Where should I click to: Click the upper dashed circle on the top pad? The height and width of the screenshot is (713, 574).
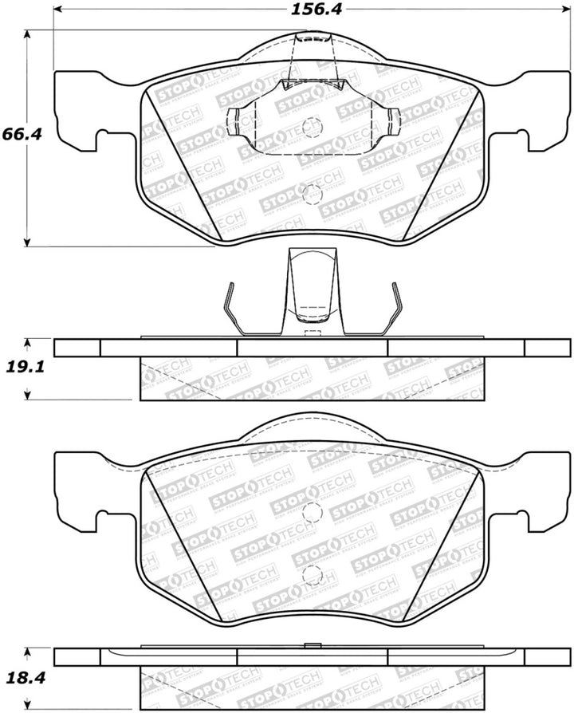313,127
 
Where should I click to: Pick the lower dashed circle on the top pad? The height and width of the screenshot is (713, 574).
313,193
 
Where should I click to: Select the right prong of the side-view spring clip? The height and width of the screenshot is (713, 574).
393,307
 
